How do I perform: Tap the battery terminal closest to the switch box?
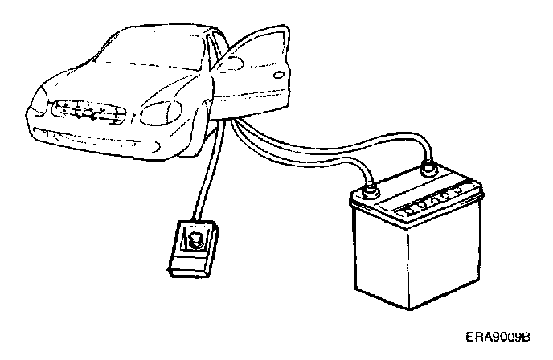369,191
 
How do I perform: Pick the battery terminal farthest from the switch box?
428,170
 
